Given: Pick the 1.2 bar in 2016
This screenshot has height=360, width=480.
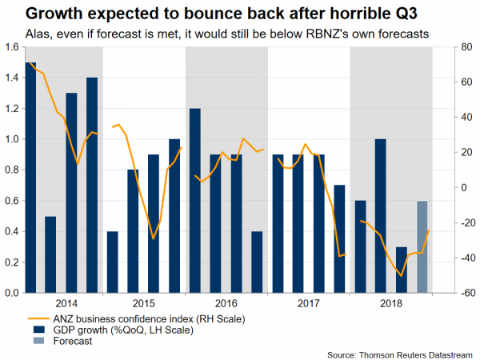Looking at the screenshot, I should [x=194, y=201].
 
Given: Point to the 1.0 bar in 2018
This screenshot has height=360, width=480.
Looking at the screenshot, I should [x=381, y=216].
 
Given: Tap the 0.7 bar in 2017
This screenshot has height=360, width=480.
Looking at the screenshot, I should [x=339, y=239].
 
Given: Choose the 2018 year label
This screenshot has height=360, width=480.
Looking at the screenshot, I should [x=391, y=304].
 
